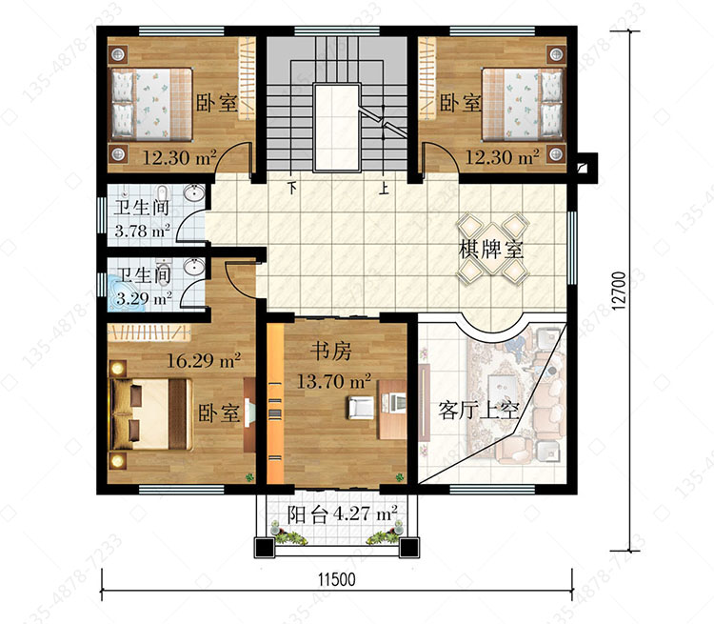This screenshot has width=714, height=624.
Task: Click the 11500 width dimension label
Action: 336,580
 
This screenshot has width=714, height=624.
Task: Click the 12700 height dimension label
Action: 619,291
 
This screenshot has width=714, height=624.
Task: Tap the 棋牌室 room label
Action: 491,250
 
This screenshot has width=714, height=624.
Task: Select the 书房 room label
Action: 331,351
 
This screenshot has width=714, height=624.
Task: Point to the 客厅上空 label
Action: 479,411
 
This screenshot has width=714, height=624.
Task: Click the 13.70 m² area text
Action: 334,381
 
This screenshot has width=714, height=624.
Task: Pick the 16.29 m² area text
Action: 204,360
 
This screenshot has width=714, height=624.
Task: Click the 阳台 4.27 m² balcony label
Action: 342,514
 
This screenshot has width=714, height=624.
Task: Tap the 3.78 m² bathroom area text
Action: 143,231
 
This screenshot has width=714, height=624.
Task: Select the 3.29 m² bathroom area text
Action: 144,298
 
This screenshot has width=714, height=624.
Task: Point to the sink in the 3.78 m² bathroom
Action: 195,192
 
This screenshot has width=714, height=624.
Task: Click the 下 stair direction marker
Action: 292,188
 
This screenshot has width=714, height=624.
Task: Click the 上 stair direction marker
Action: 385,188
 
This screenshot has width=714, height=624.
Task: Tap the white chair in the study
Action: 361,407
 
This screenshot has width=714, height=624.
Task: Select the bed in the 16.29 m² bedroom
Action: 150,414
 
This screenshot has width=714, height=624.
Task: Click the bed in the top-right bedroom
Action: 523,104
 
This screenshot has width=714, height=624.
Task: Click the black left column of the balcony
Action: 265,548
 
